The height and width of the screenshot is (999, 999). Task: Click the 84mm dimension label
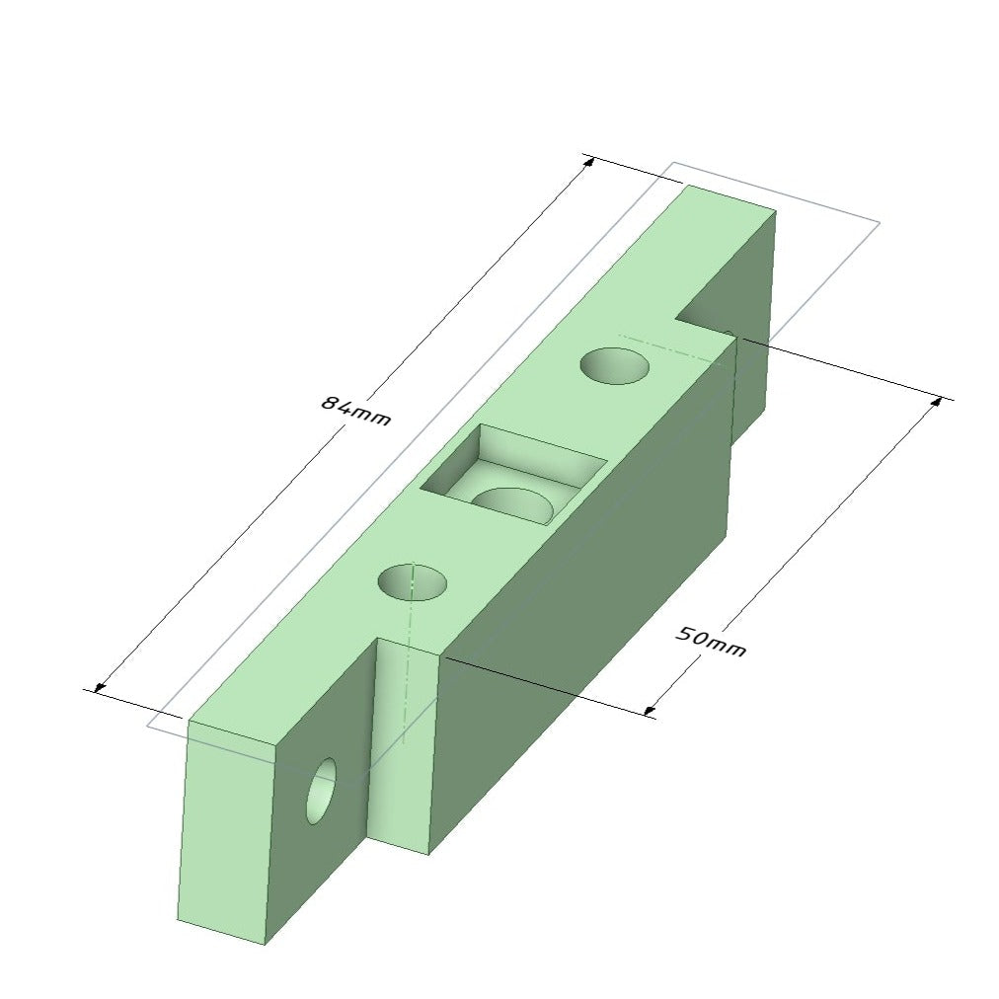point(355,411)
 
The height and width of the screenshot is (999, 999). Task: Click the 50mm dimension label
point(710,643)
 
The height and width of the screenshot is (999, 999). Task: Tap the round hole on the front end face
point(321,791)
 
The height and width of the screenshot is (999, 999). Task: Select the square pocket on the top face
point(512,475)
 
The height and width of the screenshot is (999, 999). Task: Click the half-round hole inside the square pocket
point(513,505)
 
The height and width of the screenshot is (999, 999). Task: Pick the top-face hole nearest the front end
point(413,582)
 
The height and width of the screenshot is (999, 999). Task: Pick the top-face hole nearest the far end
point(615,365)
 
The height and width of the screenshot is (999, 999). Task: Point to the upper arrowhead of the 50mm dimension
point(936,403)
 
